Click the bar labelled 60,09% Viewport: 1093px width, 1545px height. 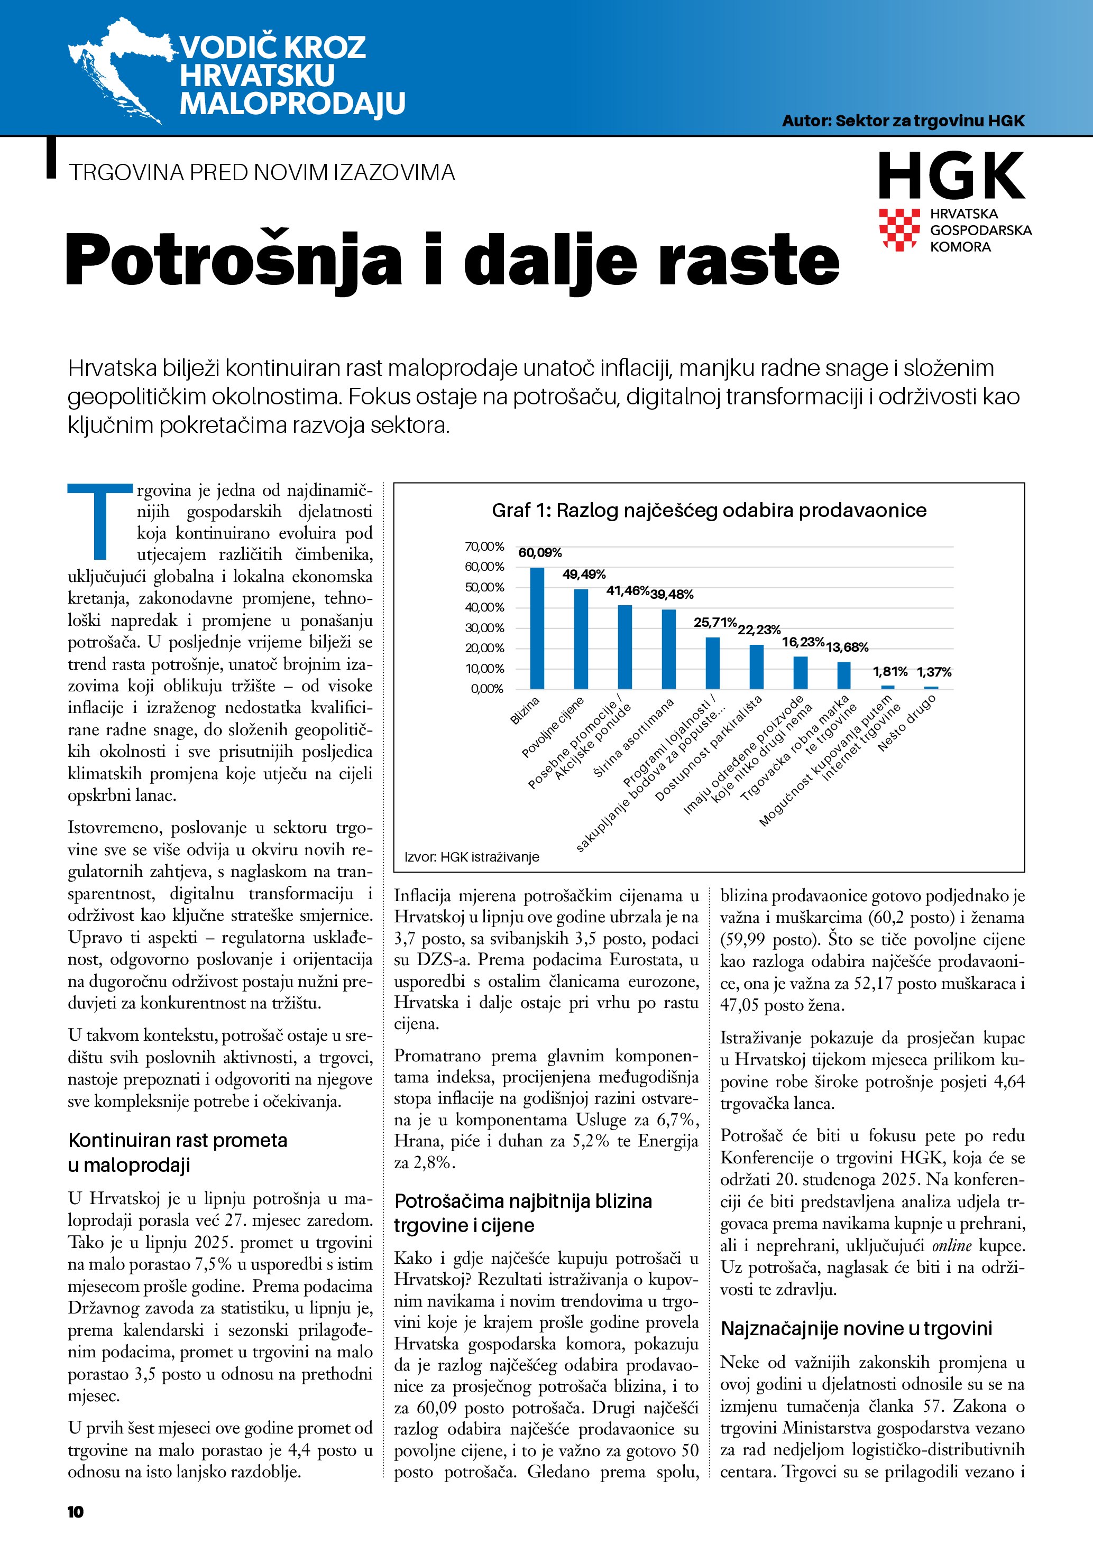click(x=537, y=628)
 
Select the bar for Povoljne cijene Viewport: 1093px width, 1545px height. click(x=581, y=639)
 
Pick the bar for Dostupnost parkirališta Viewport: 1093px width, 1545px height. click(x=757, y=666)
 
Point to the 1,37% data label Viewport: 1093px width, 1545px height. click(x=934, y=672)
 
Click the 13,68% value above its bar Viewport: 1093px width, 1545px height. click(x=847, y=647)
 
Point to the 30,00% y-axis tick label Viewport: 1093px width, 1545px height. click(x=484, y=628)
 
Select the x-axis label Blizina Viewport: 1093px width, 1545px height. click(x=525, y=710)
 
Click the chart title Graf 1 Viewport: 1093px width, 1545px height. click(x=709, y=510)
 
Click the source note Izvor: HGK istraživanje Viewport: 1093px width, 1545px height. click(x=472, y=857)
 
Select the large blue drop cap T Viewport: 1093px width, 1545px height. click(x=99, y=522)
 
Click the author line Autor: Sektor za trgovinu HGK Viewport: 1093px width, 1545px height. click(x=903, y=121)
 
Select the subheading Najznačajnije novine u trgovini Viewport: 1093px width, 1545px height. click(x=856, y=1328)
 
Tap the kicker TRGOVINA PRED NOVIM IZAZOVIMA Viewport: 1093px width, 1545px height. click(x=262, y=172)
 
